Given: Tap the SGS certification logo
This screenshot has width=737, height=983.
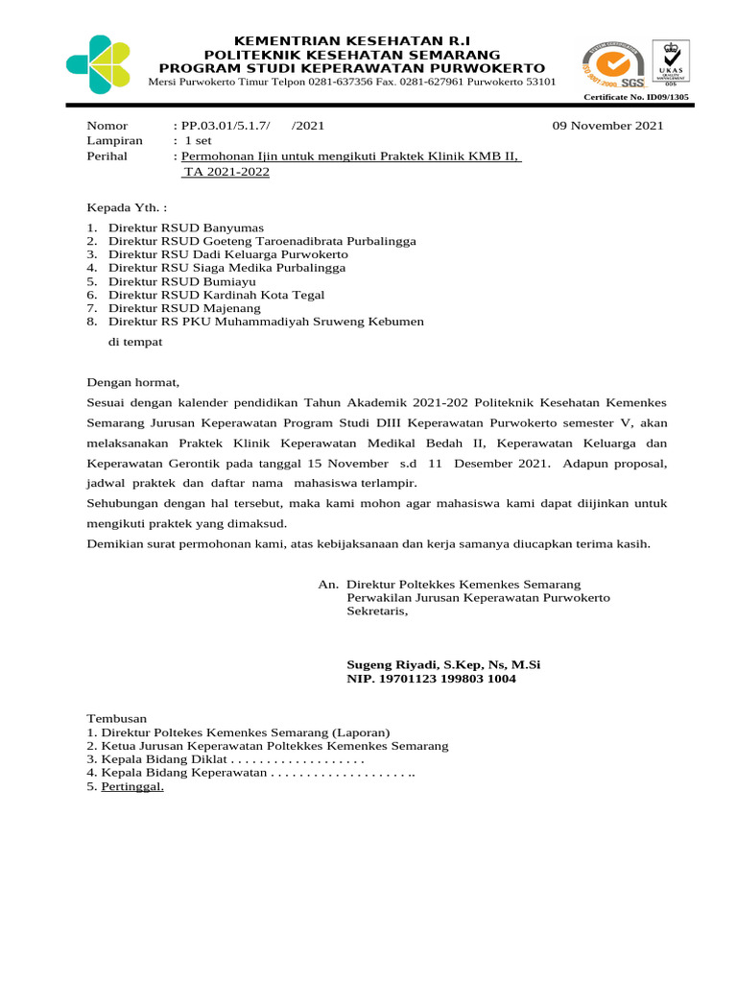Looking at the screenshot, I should (611, 63).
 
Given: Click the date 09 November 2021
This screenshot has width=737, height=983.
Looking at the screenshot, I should (608, 126).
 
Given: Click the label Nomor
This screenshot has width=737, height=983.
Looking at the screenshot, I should (107, 126).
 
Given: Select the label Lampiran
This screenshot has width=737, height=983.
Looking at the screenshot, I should (115, 140).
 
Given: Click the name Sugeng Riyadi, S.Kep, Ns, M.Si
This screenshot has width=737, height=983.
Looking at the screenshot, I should (443, 664).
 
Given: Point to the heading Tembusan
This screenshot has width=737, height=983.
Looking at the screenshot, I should (118, 718).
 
